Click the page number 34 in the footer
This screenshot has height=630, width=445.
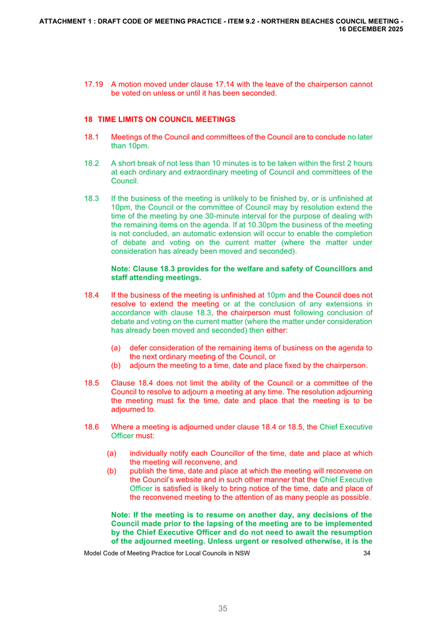pos(367,553)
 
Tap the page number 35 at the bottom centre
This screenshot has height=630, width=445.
pos(223,609)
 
